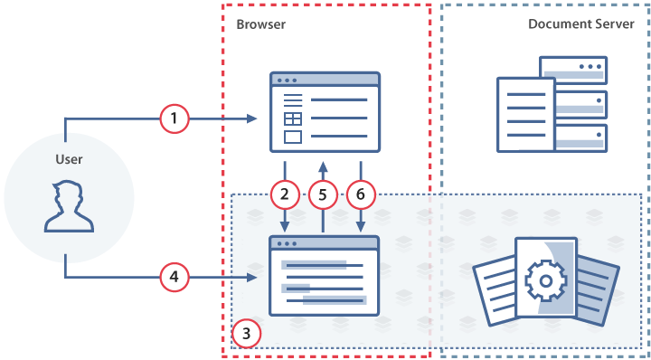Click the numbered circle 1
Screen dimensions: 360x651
pyautogui.click(x=174, y=118)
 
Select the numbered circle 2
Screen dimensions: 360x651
pyautogui.click(x=285, y=194)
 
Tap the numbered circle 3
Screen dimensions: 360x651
pyautogui.click(x=246, y=334)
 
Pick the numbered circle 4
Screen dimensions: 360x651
pyautogui.click(x=174, y=278)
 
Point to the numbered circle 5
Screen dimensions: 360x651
pyautogui.click(x=323, y=194)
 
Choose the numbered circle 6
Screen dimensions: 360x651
pyautogui.click(x=361, y=194)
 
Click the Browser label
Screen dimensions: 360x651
pyautogui.click(x=261, y=24)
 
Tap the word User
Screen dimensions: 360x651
pyautogui.click(x=69, y=159)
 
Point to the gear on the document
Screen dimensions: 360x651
pyautogui.click(x=544, y=282)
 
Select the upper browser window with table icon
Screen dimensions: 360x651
pyautogui.click(x=325, y=112)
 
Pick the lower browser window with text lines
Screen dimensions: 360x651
pyautogui.click(x=323, y=275)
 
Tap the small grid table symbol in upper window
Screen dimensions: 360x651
pyautogui.click(x=292, y=118)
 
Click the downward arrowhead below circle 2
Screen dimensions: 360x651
pyautogui.click(x=285, y=226)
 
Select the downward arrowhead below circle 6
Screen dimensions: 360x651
pyautogui.click(x=361, y=226)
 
